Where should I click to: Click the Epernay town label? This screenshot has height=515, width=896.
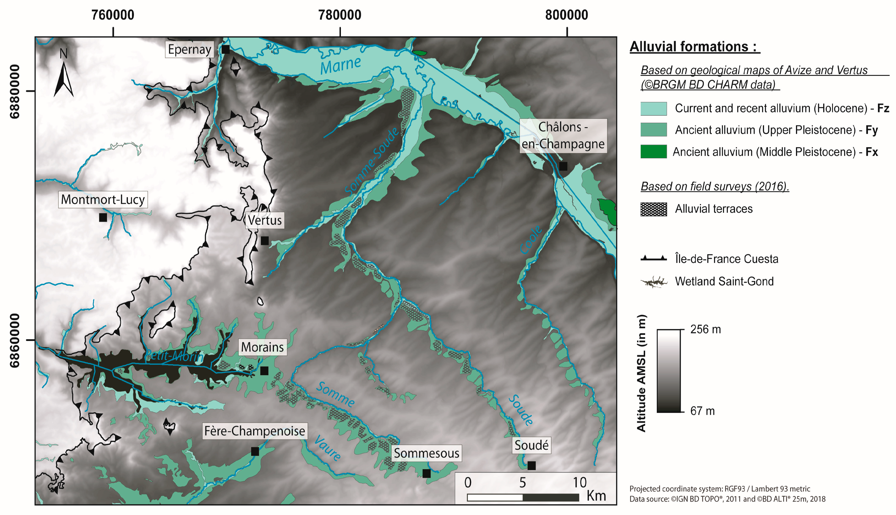[189, 49]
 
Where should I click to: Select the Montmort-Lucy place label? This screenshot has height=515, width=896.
[103, 200]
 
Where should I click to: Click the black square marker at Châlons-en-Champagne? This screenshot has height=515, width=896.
[563, 166]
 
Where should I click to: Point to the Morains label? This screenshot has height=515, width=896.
[262, 347]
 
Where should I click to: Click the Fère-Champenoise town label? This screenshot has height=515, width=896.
[254, 431]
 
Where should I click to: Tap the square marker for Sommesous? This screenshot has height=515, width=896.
[426, 473]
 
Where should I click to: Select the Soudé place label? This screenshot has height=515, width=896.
[531, 445]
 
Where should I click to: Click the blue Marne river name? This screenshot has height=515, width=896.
[340, 66]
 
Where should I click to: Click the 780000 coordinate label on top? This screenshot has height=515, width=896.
[340, 15]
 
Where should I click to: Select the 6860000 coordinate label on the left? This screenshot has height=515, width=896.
[14, 340]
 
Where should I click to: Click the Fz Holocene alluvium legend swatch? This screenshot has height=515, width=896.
[653, 109]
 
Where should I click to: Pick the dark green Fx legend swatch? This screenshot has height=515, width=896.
[653, 152]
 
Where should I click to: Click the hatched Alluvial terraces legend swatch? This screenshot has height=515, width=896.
[653, 209]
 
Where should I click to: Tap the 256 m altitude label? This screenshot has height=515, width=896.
[705, 329]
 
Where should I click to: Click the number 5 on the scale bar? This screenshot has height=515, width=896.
[522, 483]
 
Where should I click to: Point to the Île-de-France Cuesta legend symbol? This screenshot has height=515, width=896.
[653, 258]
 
